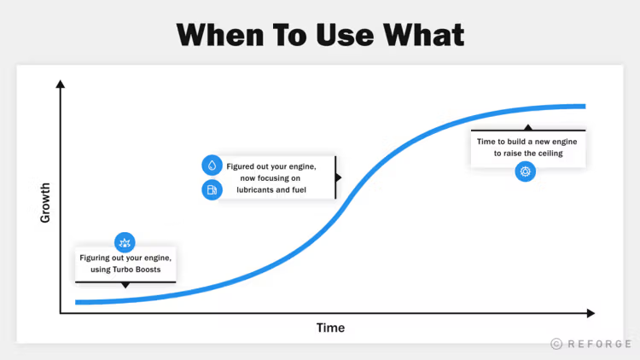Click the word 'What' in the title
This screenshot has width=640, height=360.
tap(423, 35)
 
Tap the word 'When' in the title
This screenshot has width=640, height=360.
tap(220, 35)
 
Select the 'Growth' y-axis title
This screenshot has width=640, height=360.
tap(45, 203)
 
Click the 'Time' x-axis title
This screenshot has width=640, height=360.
tap(330, 328)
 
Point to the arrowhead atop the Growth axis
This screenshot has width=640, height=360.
tap(61, 84)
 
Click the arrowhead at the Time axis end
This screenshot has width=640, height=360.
tap(591, 313)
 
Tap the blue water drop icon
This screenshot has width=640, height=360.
tap(212, 165)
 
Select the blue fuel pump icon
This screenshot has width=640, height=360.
tap(212, 189)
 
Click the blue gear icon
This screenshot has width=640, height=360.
tap(526, 171)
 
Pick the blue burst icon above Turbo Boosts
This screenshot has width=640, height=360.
tap(125, 243)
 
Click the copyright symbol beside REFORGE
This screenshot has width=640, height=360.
tap(556, 344)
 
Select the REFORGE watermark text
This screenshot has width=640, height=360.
tap(600, 344)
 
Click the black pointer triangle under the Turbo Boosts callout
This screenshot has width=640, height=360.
tap(125, 285)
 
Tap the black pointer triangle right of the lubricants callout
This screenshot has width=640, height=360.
tap(339, 177)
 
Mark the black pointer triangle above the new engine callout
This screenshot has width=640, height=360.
tap(528, 127)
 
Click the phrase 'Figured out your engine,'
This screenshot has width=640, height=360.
tap(271, 166)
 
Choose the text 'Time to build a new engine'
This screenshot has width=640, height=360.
tap(527, 142)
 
